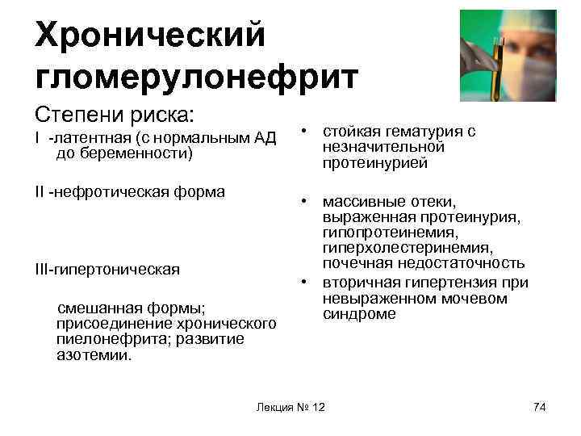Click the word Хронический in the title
[150, 34]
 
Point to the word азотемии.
[94, 354]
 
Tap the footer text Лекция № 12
[290, 406]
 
